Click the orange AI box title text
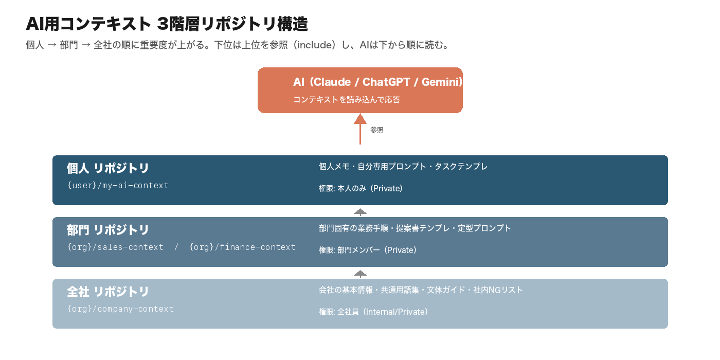[378, 82]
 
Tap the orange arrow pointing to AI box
[360, 129]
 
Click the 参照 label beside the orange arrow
[377, 130]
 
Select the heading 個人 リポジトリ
[108, 168]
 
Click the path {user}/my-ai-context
[118, 185]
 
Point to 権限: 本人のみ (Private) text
[361, 189]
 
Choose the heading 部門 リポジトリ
[108, 230]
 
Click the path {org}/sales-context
[115, 247]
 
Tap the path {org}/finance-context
[242, 247]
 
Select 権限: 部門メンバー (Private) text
[368, 250]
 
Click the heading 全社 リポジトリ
[108, 292]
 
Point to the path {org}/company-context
[120, 309]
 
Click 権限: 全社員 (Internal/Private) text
[373, 312]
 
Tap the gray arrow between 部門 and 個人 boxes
[360, 211]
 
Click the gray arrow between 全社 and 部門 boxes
[360, 273]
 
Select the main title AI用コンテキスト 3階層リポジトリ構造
[167, 24]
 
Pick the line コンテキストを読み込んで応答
[347, 100]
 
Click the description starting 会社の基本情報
[421, 290]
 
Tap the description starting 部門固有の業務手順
[415, 228]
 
